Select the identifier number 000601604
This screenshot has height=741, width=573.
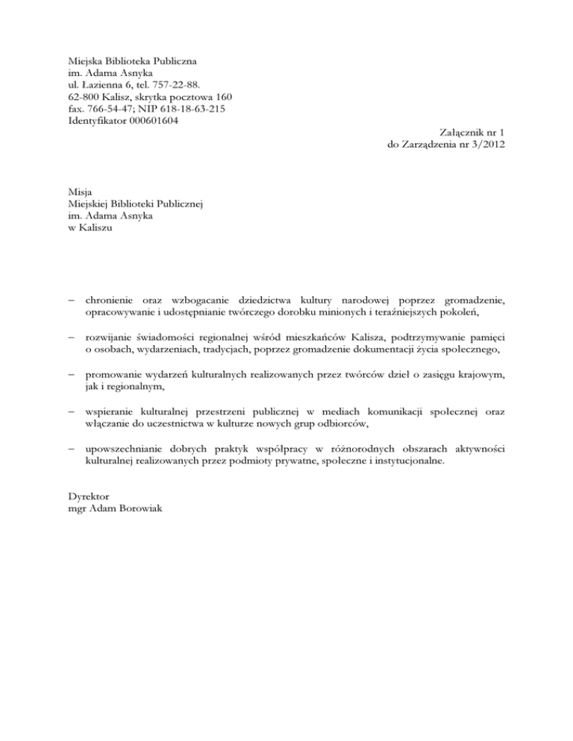(x=150, y=121)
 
